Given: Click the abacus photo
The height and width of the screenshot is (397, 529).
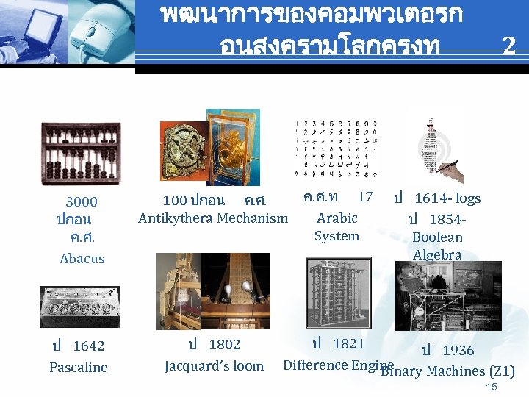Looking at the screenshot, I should click(x=81, y=151).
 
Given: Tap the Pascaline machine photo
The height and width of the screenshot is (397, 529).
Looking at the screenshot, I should click(x=79, y=307).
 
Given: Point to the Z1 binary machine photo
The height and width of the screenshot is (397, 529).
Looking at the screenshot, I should click(x=448, y=296).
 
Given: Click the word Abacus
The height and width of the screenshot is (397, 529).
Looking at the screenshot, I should click(x=82, y=259).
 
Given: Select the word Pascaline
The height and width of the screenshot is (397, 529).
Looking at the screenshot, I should click(x=79, y=367).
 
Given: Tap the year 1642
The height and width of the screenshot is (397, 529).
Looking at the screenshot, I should click(x=88, y=346).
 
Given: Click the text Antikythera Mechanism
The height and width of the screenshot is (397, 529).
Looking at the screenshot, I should click(x=213, y=218).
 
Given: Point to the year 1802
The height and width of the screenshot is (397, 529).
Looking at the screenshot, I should click(x=224, y=344).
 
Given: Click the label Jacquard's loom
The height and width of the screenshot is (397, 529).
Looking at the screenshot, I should click(x=214, y=365).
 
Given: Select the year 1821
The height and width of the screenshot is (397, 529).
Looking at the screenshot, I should click(x=348, y=343).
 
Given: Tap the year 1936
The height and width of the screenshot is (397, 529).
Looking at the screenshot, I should click(x=458, y=351).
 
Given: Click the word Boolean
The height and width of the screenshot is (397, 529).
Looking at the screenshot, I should click(x=438, y=237).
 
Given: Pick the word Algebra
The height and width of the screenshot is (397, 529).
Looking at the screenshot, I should click(x=437, y=255).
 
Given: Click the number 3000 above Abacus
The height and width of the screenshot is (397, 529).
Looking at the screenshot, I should click(x=82, y=202).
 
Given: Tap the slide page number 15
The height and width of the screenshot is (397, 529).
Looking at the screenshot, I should click(x=492, y=387).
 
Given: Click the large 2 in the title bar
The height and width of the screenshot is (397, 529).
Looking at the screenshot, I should click(x=508, y=46).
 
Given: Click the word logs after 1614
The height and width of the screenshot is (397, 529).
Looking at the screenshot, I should click(x=468, y=198).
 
